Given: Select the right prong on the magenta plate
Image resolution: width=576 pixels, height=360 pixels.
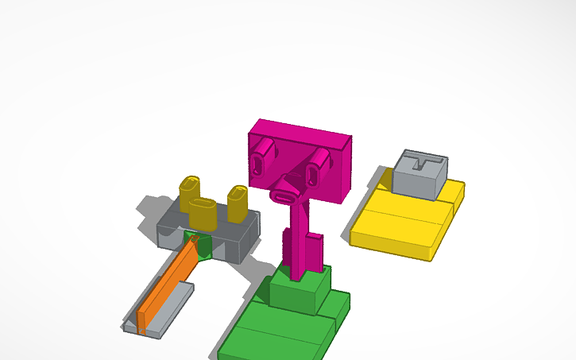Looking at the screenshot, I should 318,165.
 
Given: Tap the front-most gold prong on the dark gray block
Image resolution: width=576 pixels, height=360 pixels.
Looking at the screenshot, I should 203,213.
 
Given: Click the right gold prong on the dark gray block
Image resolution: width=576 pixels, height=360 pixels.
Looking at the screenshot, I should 238,204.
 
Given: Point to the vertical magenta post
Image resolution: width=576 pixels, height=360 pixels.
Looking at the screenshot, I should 298,238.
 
